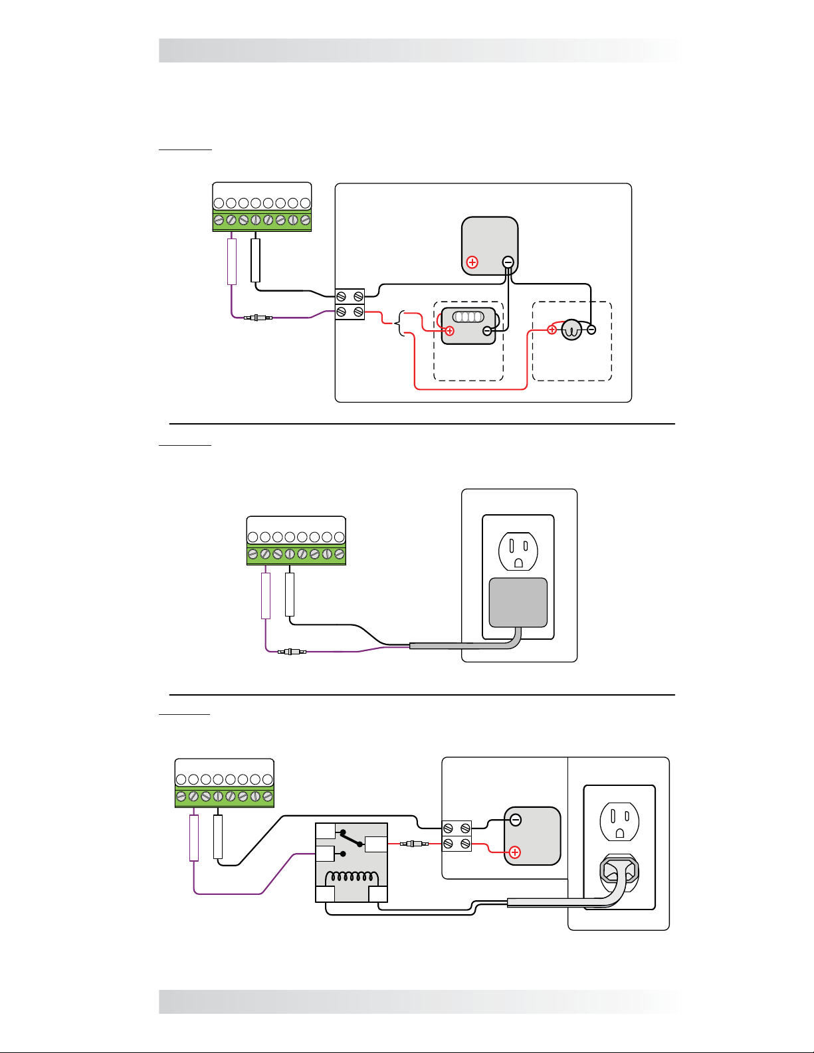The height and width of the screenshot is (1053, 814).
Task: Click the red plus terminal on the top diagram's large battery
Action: [472, 262]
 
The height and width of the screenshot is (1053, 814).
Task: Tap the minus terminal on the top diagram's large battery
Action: [508, 262]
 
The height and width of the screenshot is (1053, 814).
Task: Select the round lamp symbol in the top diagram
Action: [571, 330]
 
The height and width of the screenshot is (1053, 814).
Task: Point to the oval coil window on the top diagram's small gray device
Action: [468, 317]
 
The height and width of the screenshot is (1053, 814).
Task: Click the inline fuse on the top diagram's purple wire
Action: [258, 318]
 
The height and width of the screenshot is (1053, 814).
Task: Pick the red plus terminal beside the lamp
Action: [552, 330]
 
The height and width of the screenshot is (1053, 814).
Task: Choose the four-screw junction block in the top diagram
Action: [350, 304]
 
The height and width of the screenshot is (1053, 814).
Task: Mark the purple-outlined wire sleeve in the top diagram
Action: [232, 262]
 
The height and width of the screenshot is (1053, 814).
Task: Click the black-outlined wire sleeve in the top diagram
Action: [256, 260]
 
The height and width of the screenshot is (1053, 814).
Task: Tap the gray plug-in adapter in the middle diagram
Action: [518, 603]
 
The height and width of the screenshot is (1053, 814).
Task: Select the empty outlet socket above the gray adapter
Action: [518, 551]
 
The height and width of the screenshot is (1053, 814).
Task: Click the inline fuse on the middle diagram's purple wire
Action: [292, 652]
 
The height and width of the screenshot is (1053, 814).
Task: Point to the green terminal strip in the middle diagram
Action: [296, 554]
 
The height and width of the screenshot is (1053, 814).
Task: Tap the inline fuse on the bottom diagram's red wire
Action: [411, 844]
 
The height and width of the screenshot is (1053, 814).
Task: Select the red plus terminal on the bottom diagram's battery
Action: [514, 852]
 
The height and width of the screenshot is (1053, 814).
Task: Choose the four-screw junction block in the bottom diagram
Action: [457, 836]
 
